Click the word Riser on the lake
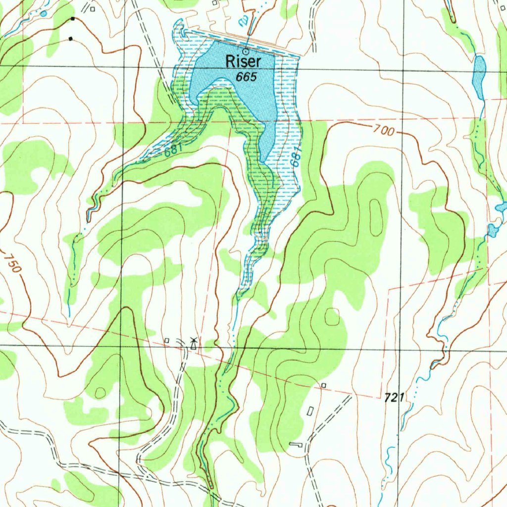(x=244, y=61)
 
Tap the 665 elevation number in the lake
(x=246, y=77)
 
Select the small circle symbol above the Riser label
(x=246, y=51)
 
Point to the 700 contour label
(x=384, y=131)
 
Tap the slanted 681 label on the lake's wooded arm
(x=174, y=149)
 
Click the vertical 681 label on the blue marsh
(x=296, y=157)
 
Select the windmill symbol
(x=194, y=343)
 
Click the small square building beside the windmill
(x=167, y=340)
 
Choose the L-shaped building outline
(x=296, y=445)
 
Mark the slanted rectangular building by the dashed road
(x=310, y=411)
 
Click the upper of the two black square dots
(x=73, y=19)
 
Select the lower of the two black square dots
(x=70, y=38)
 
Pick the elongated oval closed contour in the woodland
(x=376, y=218)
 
